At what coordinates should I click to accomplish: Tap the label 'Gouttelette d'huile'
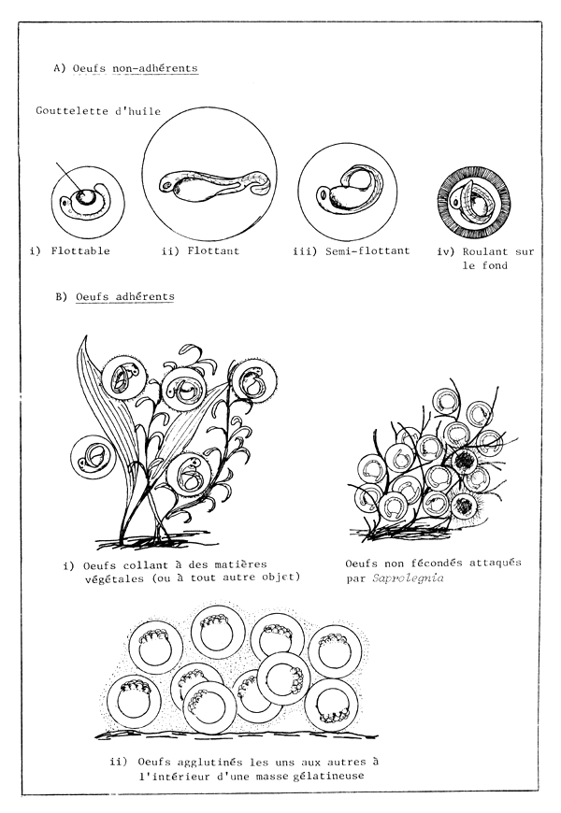pyautogui.click(x=97, y=111)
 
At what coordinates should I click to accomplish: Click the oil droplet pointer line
pyautogui.click(x=68, y=178)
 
